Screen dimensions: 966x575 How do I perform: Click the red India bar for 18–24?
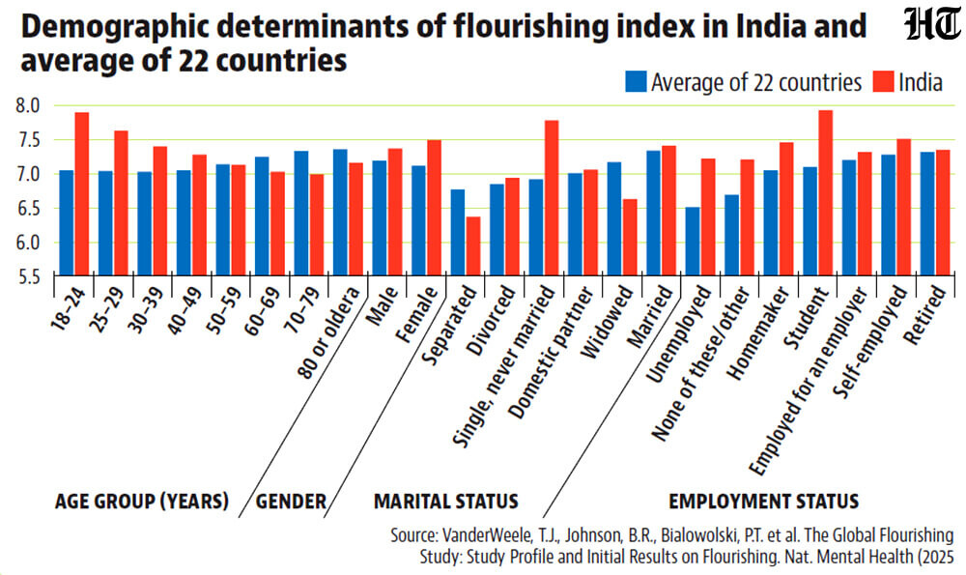[82, 193]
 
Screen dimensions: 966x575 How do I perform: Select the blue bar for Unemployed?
[693, 241]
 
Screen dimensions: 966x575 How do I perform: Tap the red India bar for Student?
[826, 192]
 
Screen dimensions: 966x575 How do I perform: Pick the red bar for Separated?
[473, 245]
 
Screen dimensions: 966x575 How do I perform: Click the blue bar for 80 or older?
[340, 212]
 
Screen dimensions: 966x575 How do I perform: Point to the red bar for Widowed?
[630, 238]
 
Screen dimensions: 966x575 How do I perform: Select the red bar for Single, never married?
[552, 197]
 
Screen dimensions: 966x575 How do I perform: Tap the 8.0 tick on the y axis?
[28, 106]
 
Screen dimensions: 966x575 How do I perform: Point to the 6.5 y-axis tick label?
[28, 209]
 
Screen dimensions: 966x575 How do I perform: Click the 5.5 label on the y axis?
[28, 276]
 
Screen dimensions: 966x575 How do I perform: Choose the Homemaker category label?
[758, 333]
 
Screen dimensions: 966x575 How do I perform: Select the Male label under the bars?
[382, 306]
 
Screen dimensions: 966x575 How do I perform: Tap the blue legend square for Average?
[636, 81]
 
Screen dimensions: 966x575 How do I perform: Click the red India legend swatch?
[884, 81]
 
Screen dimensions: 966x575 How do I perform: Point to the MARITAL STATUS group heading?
[446, 501]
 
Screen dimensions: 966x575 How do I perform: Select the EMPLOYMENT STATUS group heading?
[764, 501]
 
